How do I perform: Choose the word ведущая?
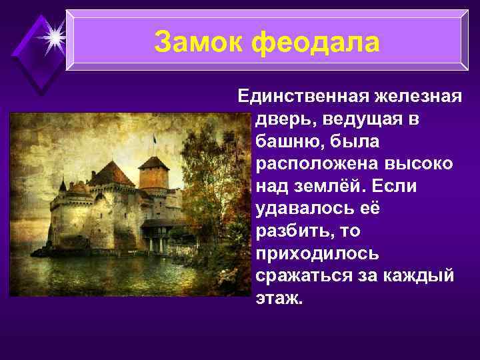point(374,119)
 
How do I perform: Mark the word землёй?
point(331,186)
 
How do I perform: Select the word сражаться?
point(304,276)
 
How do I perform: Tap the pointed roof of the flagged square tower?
point(154,161)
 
